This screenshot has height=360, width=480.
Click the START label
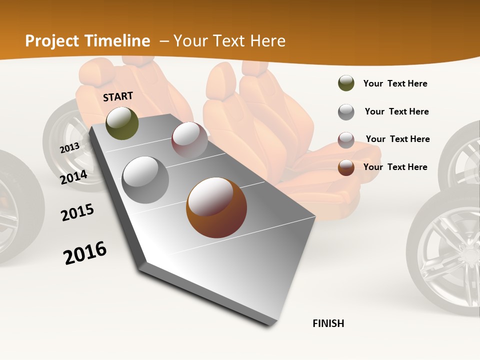(x=118, y=96)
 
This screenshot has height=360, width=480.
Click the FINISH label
(x=328, y=323)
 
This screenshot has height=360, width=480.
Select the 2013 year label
(x=69, y=147)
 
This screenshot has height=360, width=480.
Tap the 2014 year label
(x=73, y=177)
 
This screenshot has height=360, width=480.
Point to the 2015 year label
(x=77, y=212)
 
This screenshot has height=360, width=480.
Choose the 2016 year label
(x=85, y=252)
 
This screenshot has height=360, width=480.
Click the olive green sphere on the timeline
(x=122, y=123)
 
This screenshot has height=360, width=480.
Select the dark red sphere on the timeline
(x=189, y=140)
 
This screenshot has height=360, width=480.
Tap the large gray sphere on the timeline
(x=145, y=180)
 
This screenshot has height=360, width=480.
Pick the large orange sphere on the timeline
(x=216, y=207)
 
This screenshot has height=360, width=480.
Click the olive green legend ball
(x=346, y=83)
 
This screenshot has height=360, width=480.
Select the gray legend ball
(x=346, y=111)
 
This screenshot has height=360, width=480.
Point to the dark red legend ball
(x=346, y=139)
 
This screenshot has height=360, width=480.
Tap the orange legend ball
(x=346, y=167)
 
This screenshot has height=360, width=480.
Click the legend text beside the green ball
(x=395, y=84)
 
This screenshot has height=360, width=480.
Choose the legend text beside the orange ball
(x=395, y=167)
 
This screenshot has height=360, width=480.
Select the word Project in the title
(x=52, y=41)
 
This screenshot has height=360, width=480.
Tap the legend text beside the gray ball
(x=396, y=111)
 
